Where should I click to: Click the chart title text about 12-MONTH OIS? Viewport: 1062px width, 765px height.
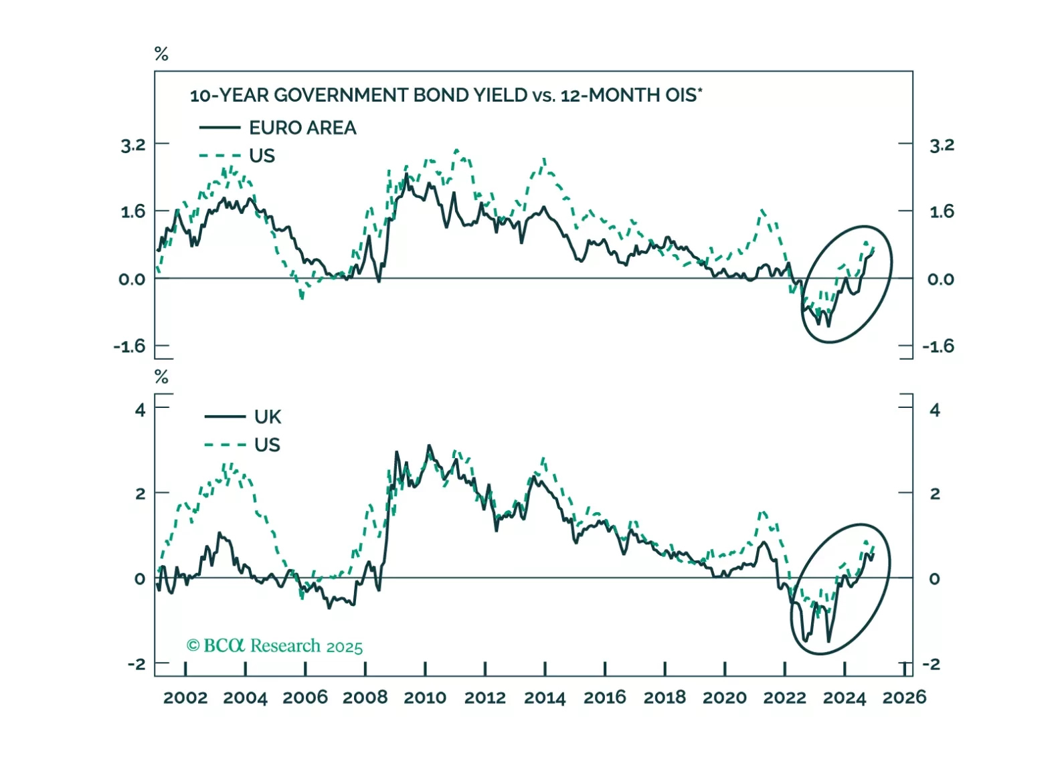[x=446, y=96]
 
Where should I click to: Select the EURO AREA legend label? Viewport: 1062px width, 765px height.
[x=302, y=128]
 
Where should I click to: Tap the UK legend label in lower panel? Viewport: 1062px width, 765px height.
[x=268, y=417]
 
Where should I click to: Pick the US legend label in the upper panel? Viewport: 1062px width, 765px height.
[x=262, y=156]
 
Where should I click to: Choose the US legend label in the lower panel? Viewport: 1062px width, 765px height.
[x=267, y=445]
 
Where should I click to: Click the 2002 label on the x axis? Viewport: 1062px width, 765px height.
[x=185, y=697]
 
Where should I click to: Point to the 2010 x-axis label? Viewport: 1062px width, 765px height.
[x=425, y=697]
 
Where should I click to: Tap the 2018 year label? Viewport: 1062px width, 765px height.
[x=665, y=697]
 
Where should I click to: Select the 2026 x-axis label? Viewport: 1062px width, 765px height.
[x=904, y=697]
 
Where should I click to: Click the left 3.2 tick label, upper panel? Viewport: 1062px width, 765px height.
[x=132, y=145]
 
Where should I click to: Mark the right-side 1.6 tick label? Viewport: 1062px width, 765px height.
[x=942, y=212]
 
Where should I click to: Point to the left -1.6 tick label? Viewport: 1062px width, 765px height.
[x=129, y=346]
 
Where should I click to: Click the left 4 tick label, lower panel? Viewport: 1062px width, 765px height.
[x=140, y=409]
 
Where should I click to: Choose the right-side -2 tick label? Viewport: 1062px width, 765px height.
[x=931, y=664]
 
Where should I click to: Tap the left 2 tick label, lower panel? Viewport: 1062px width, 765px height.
[x=140, y=494]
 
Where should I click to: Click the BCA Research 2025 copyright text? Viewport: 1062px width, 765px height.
[x=274, y=646]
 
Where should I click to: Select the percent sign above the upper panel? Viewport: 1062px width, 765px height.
[x=161, y=54]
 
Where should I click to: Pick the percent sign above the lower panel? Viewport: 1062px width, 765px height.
[x=161, y=377]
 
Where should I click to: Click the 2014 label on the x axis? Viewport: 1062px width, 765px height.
[x=545, y=697]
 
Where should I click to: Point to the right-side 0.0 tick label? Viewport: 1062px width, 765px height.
[x=940, y=280]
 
